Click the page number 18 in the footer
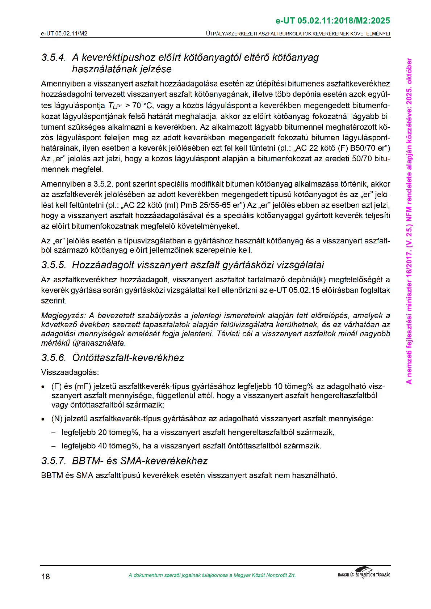(46, 576)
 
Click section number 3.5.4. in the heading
(54, 58)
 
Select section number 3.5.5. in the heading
(54, 265)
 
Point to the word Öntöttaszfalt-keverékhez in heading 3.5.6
(128, 358)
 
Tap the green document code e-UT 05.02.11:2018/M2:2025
(333, 21)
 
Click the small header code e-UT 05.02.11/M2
(64, 34)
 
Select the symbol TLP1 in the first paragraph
(115, 106)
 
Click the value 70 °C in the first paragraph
(143, 106)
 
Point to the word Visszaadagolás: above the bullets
(70, 372)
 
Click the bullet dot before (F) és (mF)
(43, 387)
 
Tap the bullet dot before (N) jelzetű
(43, 419)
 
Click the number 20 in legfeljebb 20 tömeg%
(102, 433)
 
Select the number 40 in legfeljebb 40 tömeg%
(102, 446)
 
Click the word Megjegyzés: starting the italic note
(63, 316)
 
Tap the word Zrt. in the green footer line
(291, 575)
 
